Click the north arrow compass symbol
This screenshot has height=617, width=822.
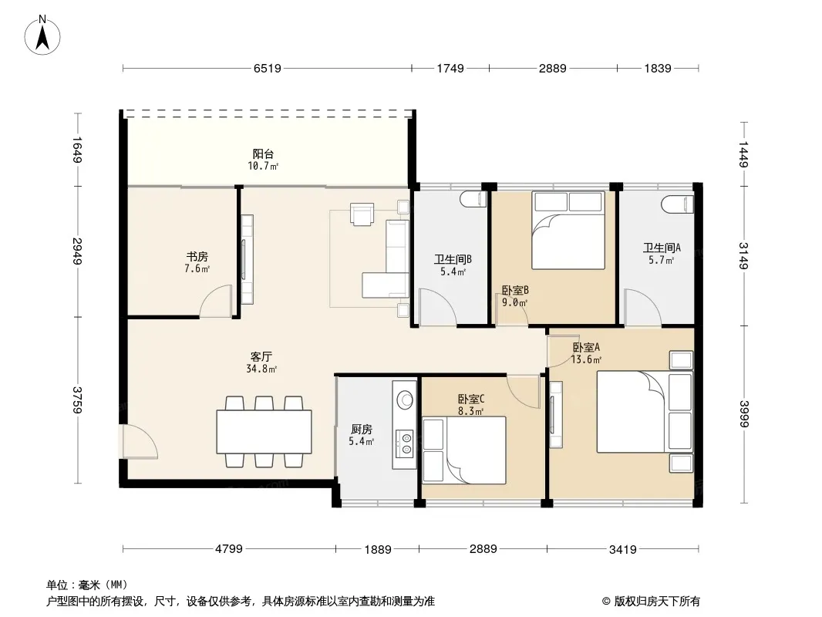(42, 35)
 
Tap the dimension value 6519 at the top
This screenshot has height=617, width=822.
(268, 68)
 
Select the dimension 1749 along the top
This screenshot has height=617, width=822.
(450, 68)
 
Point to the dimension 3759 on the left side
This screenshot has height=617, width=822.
(77, 400)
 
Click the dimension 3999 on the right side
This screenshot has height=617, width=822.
(744, 413)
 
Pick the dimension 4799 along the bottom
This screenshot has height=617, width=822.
(229, 549)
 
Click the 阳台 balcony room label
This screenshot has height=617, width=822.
(263, 153)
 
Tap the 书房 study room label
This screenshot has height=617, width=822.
(197, 256)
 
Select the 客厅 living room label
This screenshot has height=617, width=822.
(261, 356)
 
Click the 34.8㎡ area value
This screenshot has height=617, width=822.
(261, 369)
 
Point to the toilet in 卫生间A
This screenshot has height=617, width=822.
(677, 204)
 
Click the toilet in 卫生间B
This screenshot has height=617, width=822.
(474, 200)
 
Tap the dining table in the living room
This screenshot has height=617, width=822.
(264, 432)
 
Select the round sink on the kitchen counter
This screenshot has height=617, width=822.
(405, 400)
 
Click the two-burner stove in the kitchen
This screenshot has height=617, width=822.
(405, 442)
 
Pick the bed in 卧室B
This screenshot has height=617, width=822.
(568, 230)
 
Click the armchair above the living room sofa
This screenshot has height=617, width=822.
(362, 214)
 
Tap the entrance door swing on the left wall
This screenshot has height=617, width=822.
(139, 441)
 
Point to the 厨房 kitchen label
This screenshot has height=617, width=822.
(361, 429)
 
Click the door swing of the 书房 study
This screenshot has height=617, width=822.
(215, 301)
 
